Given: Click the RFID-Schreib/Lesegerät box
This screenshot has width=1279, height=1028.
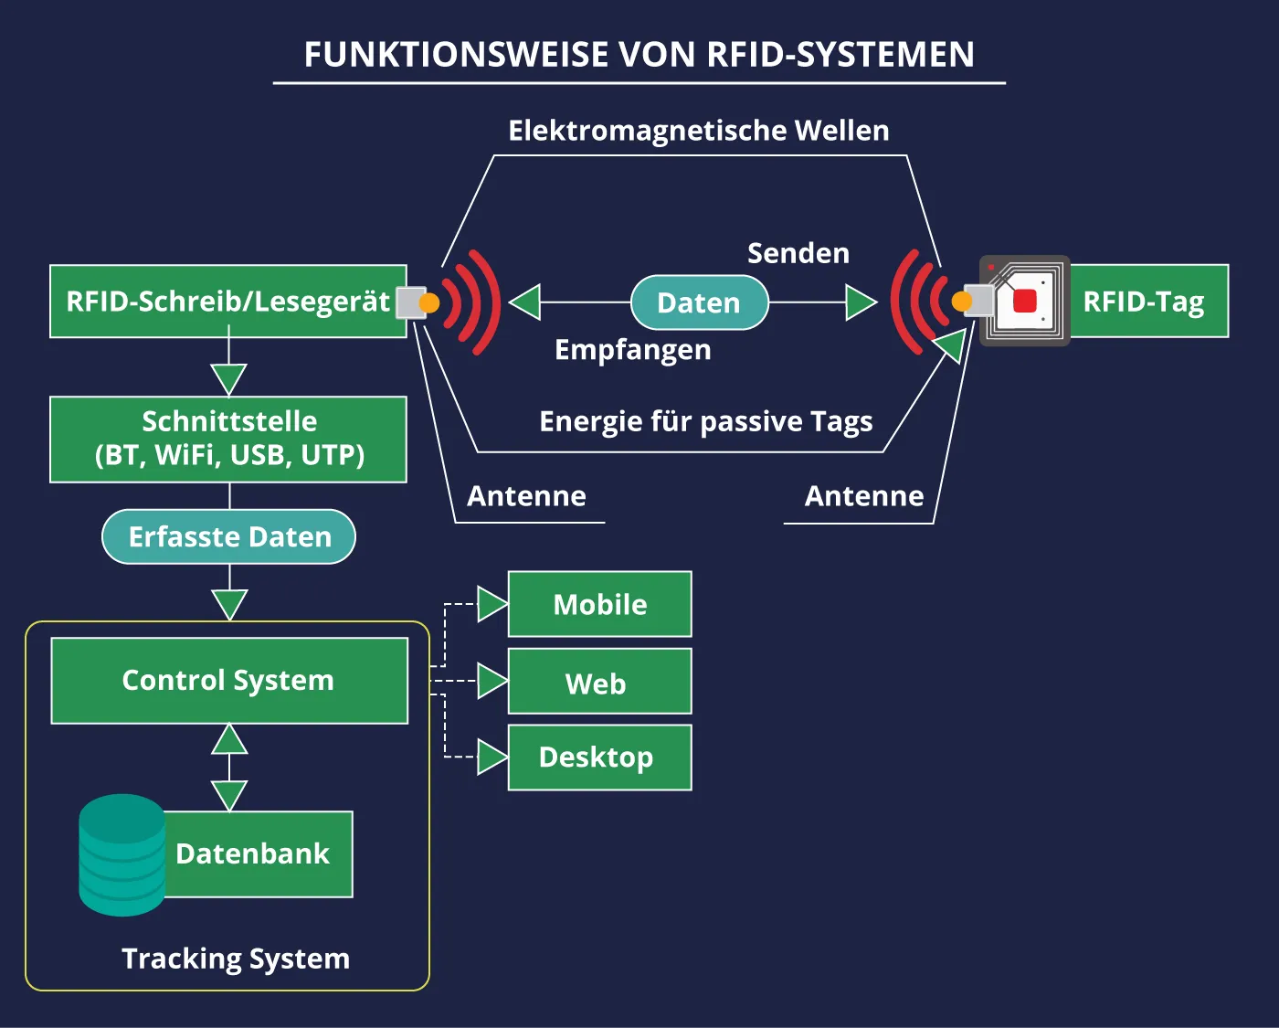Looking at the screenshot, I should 227,302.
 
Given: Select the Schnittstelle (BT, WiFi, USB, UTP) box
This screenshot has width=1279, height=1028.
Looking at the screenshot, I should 227,439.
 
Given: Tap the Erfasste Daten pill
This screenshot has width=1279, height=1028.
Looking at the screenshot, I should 228,536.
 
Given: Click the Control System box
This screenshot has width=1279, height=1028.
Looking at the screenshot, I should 228,681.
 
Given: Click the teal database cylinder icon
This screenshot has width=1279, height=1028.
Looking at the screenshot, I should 122,854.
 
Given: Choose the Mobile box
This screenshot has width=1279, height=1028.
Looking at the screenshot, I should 599,604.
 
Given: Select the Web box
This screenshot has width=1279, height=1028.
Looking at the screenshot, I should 599,682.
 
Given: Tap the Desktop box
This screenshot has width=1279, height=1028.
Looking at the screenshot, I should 599,758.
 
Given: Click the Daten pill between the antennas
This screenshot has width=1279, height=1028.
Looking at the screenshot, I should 699,302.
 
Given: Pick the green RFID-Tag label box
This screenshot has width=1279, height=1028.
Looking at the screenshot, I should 1148,302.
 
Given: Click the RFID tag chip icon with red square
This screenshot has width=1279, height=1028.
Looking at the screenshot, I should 1024,301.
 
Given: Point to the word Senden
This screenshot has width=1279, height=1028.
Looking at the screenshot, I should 798,253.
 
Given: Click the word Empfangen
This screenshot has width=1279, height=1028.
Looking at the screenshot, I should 632,350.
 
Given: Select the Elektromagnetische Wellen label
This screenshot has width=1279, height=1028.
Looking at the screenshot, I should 698,131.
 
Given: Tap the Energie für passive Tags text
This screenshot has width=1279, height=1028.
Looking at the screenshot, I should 705,421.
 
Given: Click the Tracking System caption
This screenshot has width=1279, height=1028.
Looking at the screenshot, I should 236,959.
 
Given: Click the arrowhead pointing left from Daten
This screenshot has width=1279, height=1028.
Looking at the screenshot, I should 525,302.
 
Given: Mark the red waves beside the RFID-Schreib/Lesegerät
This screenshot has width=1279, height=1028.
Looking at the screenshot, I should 475,302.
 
